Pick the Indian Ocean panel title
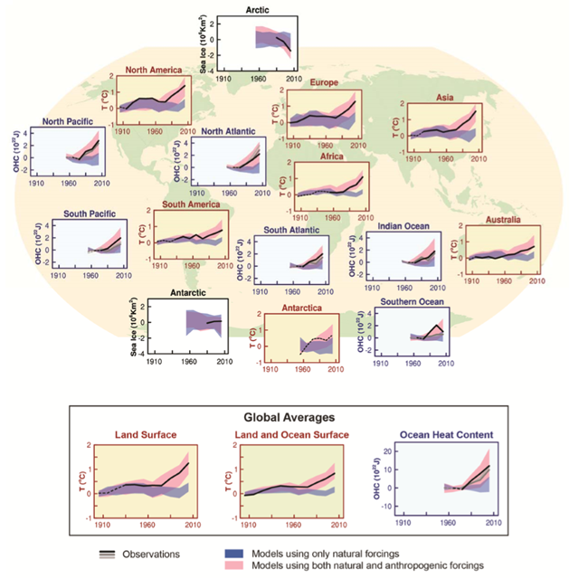[x=405, y=226]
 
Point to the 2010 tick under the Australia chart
[x=536, y=280]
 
